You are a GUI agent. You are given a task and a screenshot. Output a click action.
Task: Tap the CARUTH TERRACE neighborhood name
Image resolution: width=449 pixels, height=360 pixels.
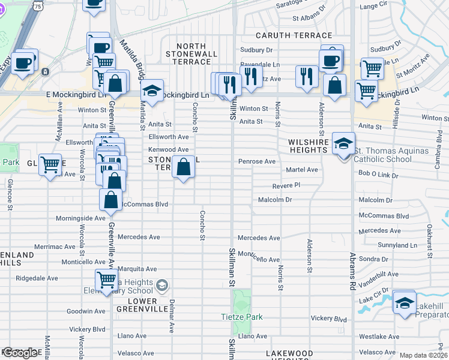[x=294, y=36]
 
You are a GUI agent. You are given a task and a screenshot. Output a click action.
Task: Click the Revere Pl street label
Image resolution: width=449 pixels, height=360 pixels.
[x=286, y=186]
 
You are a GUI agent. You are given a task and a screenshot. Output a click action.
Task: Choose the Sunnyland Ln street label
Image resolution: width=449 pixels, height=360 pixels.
[x=397, y=245]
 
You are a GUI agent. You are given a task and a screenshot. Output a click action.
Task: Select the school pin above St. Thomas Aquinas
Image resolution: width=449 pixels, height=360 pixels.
[x=343, y=144]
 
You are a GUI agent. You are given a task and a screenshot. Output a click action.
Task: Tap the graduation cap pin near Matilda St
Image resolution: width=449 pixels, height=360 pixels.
[x=152, y=91]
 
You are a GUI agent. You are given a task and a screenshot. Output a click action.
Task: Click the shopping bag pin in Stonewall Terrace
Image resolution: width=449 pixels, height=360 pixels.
[x=184, y=166]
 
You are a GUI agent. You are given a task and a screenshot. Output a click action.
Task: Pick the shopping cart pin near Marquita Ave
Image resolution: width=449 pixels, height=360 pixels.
[x=107, y=279]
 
